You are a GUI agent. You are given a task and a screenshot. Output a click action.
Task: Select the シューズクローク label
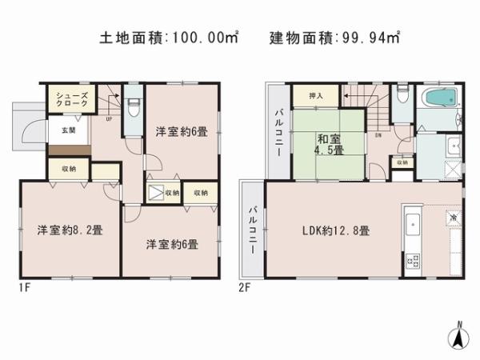[66, 101]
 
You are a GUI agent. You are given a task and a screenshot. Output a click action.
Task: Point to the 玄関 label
[61, 130]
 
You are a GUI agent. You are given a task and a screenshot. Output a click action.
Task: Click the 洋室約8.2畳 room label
[68, 231]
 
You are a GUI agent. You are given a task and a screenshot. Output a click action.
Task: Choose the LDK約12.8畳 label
[335, 230]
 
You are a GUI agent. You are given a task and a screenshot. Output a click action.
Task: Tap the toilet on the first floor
[134, 105]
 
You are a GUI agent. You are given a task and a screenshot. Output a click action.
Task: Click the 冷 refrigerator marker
[452, 218]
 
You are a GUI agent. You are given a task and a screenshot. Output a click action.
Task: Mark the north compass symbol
[458, 337]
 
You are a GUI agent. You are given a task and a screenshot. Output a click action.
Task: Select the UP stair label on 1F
[109, 120]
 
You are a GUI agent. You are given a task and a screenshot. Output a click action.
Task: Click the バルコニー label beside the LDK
[252, 228]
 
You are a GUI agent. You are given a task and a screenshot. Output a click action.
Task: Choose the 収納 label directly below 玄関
[69, 169]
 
